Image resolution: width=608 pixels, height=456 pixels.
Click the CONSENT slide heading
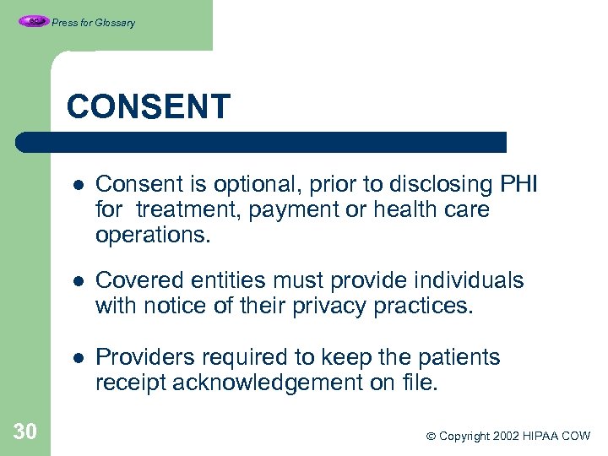click(148, 107)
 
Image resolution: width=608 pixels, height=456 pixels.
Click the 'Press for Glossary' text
click(93, 23)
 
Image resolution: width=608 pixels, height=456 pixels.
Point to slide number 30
click(25, 432)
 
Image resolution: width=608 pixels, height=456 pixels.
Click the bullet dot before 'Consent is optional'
click(77, 185)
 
